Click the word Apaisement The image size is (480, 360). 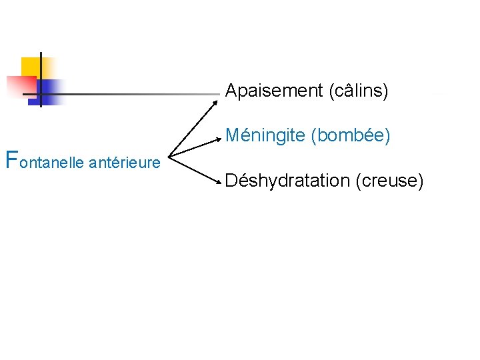274,91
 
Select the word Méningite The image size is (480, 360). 265,136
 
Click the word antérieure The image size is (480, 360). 124,162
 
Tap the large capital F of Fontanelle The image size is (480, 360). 11,159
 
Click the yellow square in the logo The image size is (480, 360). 31,66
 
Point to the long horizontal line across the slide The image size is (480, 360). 133,94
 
